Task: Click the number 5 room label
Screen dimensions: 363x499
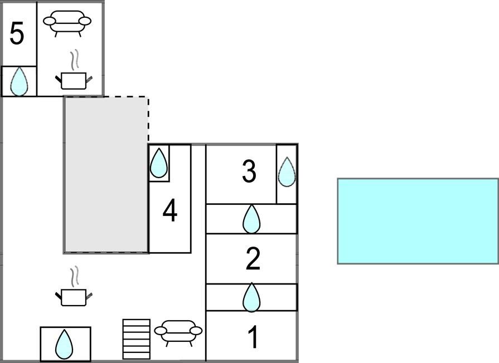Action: point(17,34)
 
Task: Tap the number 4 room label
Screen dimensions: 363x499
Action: point(169,211)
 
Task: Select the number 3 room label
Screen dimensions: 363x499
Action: point(249,171)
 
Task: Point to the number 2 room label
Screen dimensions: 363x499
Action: point(253,259)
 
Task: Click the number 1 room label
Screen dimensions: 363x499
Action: point(253,337)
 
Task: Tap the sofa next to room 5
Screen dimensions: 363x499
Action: point(67,23)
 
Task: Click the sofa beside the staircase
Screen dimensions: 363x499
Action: point(178,332)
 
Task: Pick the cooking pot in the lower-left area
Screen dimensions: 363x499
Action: point(73,297)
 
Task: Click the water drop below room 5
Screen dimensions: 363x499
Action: point(19,81)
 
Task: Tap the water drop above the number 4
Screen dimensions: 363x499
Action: point(159,163)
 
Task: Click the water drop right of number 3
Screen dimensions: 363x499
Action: point(287,171)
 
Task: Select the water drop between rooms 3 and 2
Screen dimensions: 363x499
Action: point(251,219)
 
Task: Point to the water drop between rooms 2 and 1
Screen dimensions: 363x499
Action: point(251,297)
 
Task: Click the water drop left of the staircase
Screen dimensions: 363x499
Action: point(65,345)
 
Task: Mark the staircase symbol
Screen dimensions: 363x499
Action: point(137,339)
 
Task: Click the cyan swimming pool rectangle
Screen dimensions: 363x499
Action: point(418,221)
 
